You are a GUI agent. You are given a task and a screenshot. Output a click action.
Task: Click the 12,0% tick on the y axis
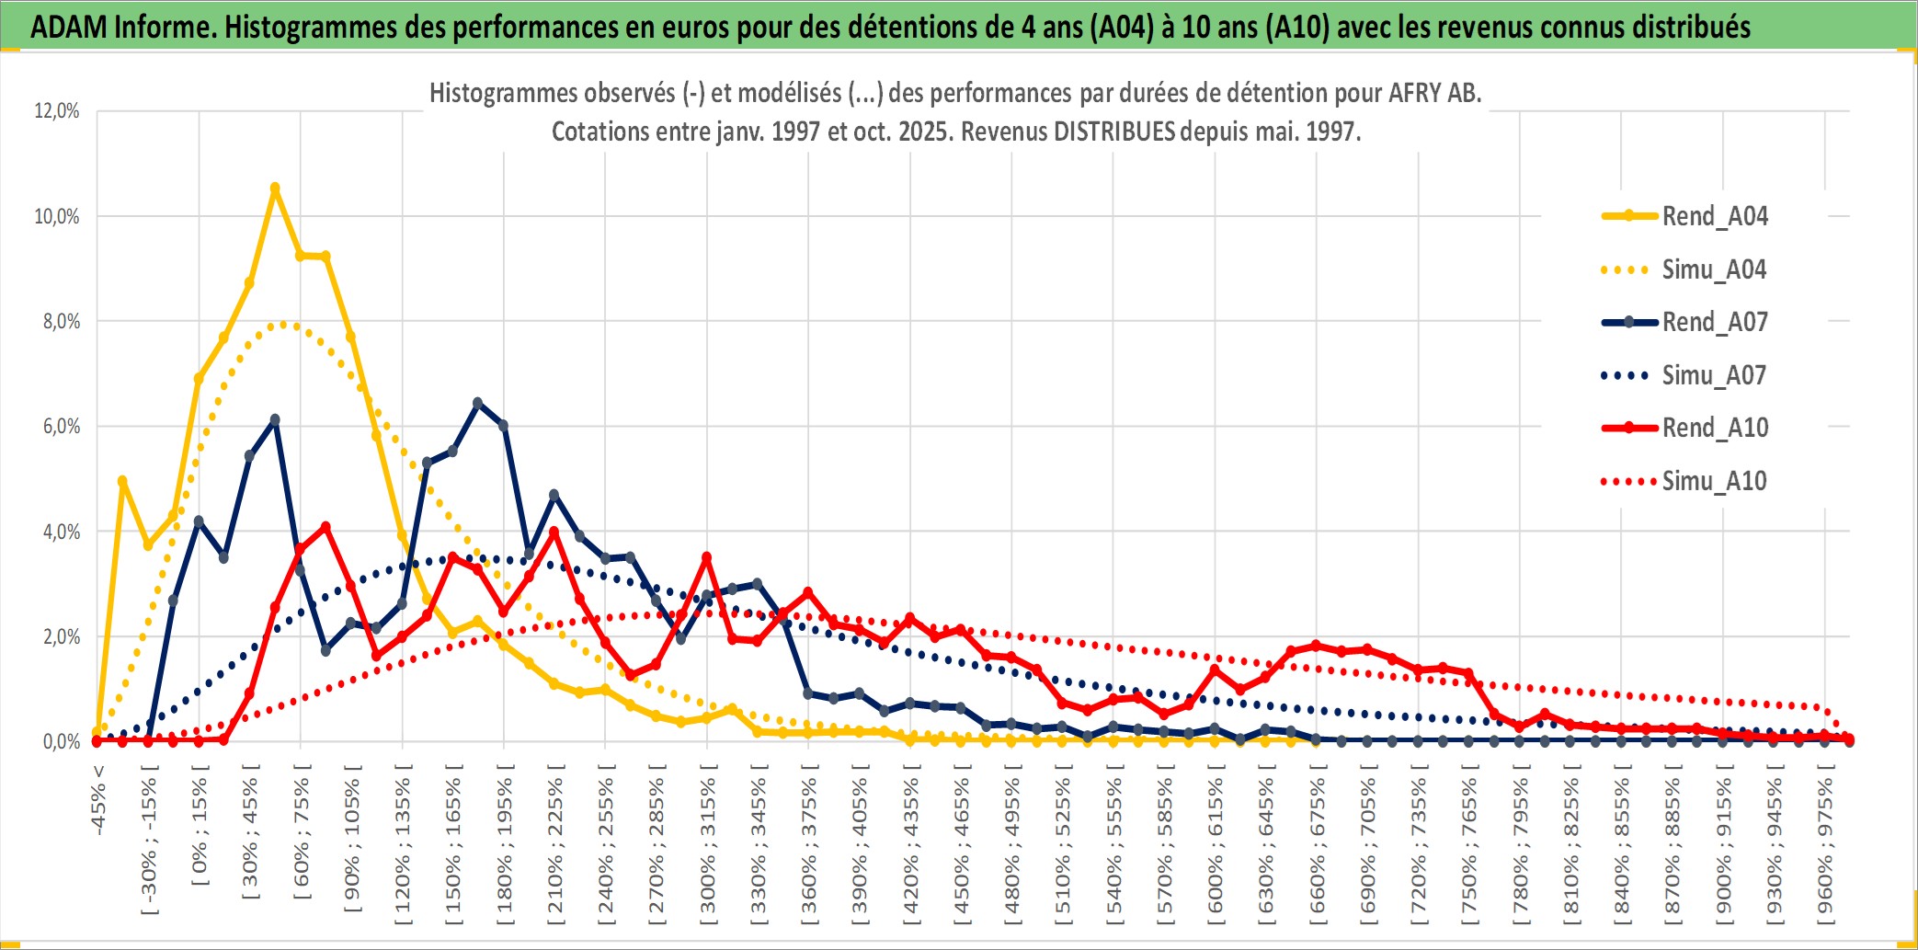click(x=57, y=111)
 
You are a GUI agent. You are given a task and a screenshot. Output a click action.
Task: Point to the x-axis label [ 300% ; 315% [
click(x=707, y=846)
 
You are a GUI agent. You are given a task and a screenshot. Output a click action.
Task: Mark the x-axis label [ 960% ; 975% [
click(x=1825, y=846)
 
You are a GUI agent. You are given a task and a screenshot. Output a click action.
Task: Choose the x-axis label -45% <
click(x=98, y=800)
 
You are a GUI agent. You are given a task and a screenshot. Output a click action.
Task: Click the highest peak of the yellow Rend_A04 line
click(x=275, y=188)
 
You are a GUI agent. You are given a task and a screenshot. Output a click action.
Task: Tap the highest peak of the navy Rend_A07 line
click(x=477, y=403)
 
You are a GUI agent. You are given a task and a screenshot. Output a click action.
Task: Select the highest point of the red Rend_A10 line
click(x=325, y=527)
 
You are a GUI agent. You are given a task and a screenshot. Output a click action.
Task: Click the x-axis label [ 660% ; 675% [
click(x=1317, y=846)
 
